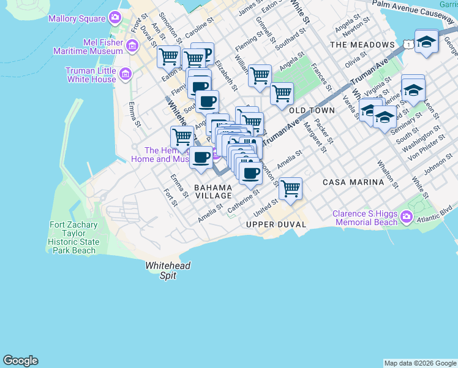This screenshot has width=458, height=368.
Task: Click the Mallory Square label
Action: click(x=78, y=19)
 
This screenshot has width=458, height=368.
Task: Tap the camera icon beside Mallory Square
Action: click(x=114, y=19)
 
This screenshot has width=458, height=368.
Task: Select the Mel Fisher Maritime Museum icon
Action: click(x=131, y=46)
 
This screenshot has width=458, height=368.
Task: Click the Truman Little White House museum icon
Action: click(x=126, y=75)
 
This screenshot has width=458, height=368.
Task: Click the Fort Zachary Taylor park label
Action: click(x=73, y=238)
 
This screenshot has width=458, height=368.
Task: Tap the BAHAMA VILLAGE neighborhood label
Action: click(x=213, y=191)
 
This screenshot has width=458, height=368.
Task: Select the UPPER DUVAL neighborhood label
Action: click(x=276, y=224)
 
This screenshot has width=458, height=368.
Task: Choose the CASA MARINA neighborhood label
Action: click(x=353, y=182)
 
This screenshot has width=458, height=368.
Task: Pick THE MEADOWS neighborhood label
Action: click(x=362, y=45)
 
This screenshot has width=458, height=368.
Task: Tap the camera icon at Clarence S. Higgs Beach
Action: click(x=405, y=217)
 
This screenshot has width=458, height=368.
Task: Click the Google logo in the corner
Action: click(x=20, y=361)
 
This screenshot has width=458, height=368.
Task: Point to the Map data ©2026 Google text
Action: click(x=419, y=363)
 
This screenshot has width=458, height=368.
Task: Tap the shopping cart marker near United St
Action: click(x=290, y=188)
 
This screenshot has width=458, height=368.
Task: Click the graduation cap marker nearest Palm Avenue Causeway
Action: click(x=426, y=42)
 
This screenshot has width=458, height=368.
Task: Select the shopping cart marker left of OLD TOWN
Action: click(x=282, y=94)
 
